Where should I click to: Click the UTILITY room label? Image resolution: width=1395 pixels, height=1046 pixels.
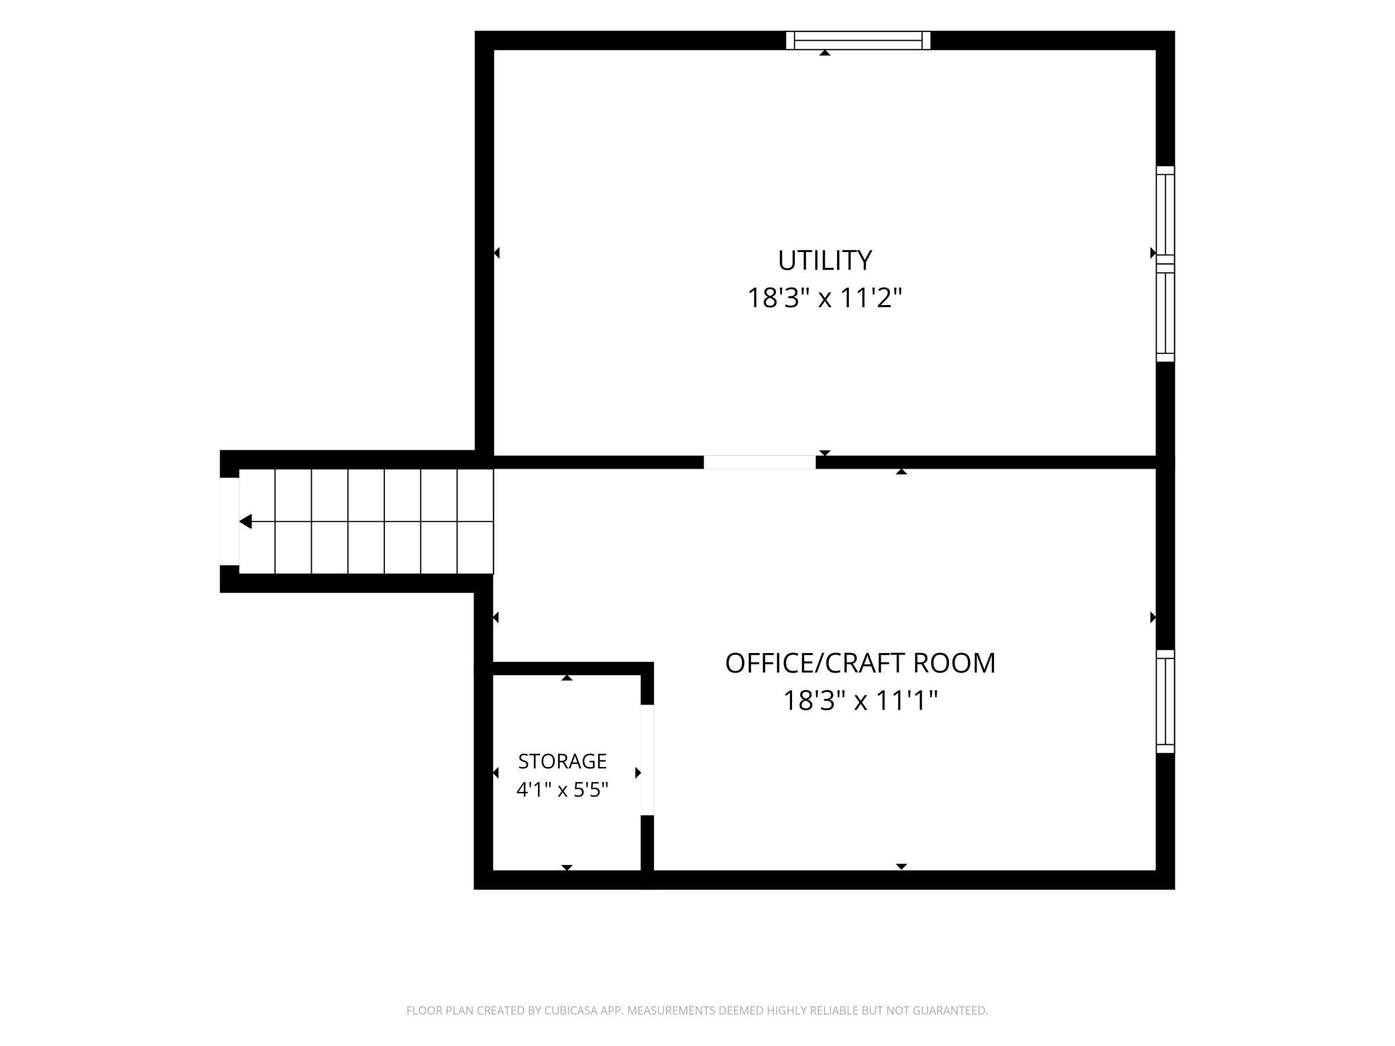click(824, 260)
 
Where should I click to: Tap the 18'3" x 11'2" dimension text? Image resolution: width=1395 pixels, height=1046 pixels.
click(825, 298)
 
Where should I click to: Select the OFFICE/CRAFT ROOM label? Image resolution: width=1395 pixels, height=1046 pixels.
click(860, 663)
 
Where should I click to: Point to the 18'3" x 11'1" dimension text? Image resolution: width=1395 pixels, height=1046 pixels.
click(860, 701)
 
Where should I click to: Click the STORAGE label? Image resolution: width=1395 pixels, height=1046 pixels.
click(562, 761)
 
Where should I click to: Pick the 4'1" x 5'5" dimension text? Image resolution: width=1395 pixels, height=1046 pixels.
click(562, 790)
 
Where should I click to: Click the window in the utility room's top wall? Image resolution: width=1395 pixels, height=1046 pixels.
click(858, 40)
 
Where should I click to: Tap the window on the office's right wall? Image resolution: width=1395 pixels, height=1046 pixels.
click(1166, 701)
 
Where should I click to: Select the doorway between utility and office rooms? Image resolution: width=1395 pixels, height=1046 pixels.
click(760, 462)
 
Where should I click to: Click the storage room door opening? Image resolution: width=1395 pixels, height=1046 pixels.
click(647, 760)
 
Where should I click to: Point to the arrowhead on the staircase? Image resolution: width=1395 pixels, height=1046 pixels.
click(246, 522)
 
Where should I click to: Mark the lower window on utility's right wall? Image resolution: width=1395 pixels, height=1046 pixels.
click(1166, 312)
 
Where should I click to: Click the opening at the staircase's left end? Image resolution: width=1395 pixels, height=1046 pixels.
click(229, 522)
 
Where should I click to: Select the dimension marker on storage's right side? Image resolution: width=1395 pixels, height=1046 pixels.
click(638, 773)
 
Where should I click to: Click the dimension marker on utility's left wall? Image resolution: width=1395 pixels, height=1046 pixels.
click(497, 253)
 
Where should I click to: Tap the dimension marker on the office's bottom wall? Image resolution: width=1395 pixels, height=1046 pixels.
click(901, 866)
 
